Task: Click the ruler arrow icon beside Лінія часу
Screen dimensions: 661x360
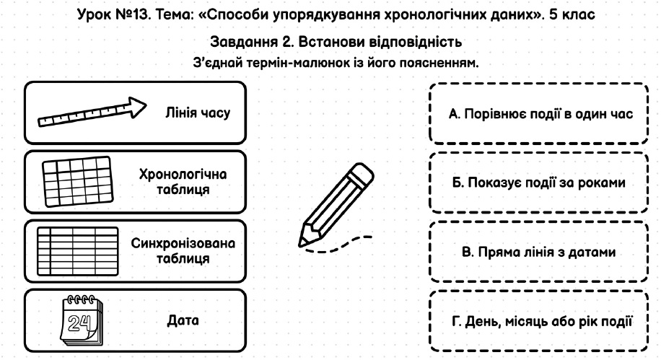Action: click(92, 113)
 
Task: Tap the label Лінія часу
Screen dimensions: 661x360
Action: click(198, 113)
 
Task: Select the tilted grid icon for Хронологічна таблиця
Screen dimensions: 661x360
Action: click(78, 182)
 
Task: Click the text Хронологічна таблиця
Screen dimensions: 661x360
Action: click(183, 182)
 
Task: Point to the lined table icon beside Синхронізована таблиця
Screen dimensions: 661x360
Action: click(77, 251)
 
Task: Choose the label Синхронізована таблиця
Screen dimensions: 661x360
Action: click(183, 251)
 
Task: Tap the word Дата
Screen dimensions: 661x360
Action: click(183, 320)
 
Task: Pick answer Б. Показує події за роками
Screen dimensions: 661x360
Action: click(539, 183)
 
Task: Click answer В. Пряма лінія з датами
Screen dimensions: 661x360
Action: click(539, 252)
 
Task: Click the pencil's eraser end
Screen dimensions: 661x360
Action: click(362, 174)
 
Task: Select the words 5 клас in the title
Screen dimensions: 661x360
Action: click(572, 14)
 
